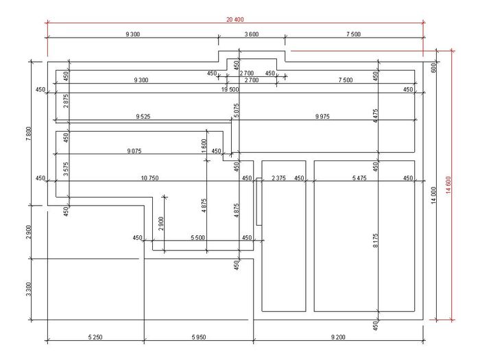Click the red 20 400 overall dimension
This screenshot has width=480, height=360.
(x=235, y=19)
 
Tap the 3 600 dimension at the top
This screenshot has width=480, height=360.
(x=252, y=34)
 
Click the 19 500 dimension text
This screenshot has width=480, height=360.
(x=230, y=89)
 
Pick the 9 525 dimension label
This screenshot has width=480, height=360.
(x=143, y=117)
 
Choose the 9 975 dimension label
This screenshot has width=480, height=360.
(x=322, y=117)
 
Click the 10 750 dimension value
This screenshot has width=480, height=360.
(x=149, y=178)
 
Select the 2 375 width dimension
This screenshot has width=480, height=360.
(x=279, y=178)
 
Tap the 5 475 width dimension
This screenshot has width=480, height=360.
(x=359, y=178)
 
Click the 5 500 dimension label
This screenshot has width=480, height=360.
(x=197, y=237)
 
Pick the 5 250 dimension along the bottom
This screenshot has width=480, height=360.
(x=96, y=337)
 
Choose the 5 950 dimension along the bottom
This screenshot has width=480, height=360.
(x=200, y=337)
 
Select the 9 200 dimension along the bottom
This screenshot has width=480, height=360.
(x=339, y=337)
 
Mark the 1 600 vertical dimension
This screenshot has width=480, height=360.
(x=204, y=145)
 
